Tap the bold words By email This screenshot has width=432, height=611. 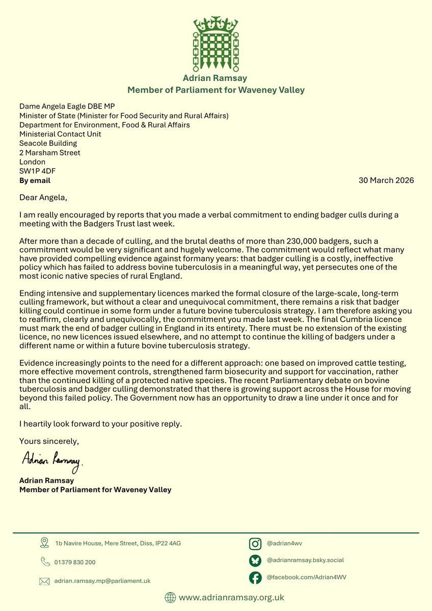(35, 180)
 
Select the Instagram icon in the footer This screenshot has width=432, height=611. (255, 544)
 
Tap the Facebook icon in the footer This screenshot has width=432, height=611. (255, 577)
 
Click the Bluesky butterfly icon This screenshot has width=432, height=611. (255, 561)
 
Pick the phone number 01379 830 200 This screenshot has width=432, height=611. (75, 562)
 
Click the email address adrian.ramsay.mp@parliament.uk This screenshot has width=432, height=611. (102, 581)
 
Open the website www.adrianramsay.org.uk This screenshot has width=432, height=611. (231, 597)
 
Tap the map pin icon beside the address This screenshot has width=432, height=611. (44, 543)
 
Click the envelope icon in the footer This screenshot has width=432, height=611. (44, 581)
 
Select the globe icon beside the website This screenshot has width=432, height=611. (170, 597)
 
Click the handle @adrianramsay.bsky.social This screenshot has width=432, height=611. (305, 560)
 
